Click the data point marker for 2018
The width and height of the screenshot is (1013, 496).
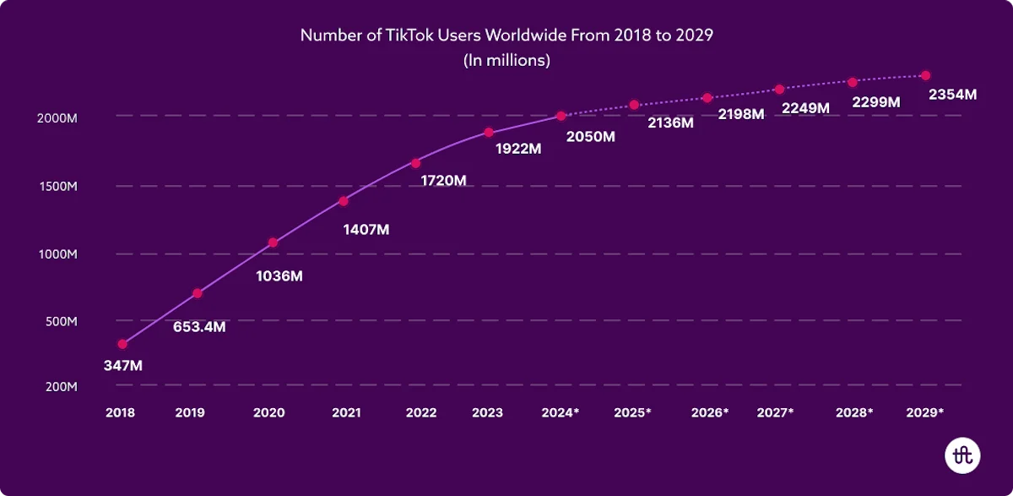122,344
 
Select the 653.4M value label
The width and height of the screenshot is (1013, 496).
199,326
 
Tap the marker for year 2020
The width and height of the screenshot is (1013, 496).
273,243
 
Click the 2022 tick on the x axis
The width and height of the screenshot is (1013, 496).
420,413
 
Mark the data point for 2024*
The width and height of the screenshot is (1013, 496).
561,116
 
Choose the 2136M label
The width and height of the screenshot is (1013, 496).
670,123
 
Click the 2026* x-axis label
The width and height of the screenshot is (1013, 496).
709,413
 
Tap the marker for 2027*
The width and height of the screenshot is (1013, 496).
779,90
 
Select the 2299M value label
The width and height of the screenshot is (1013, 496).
876,101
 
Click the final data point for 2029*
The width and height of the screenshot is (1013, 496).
925,75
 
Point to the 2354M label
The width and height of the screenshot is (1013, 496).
952,95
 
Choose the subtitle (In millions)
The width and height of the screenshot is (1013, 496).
506,60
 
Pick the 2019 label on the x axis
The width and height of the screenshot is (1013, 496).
190,413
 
